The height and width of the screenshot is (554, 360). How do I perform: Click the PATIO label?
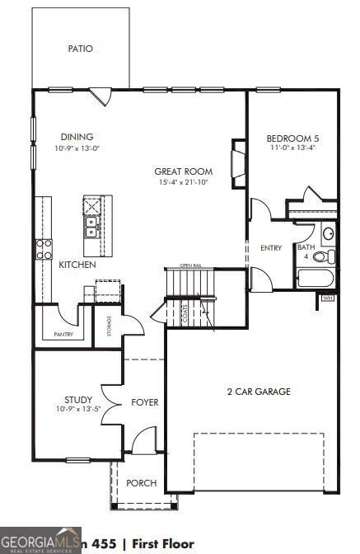pyautogui.click(x=80, y=49)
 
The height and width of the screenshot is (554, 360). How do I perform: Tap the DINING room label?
pyautogui.click(x=77, y=137)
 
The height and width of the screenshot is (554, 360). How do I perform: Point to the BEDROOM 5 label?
pyautogui.click(x=292, y=138)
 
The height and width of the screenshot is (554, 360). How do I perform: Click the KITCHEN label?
pyautogui.click(x=77, y=265)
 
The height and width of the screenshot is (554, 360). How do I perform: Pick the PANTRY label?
pyautogui.click(x=63, y=334)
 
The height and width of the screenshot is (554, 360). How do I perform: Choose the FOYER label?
pyautogui.click(x=145, y=402)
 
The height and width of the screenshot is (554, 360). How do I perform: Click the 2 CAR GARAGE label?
pyautogui.click(x=259, y=392)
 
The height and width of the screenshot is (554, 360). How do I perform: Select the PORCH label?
pyautogui.click(x=142, y=482)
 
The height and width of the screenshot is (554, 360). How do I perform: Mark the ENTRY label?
pyautogui.click(x=271, y=247)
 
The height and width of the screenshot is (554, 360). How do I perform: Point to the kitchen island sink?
pyautogui.click(x=90, y=226)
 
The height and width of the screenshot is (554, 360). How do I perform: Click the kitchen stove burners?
pyautogui.click(x=44, y=248)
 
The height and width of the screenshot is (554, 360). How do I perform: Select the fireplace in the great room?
pyautogui.click(x=239, y=164)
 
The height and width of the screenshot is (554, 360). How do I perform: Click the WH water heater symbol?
pyautogui.click(x=327, y=298)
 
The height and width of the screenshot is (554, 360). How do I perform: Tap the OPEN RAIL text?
pyautogui.click(x=191, y=266)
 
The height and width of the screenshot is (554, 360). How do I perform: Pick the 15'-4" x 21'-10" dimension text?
pyautogui.click(x=179, y=182)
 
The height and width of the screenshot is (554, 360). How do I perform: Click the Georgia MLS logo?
pyautogui.click(x=40, y=540)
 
